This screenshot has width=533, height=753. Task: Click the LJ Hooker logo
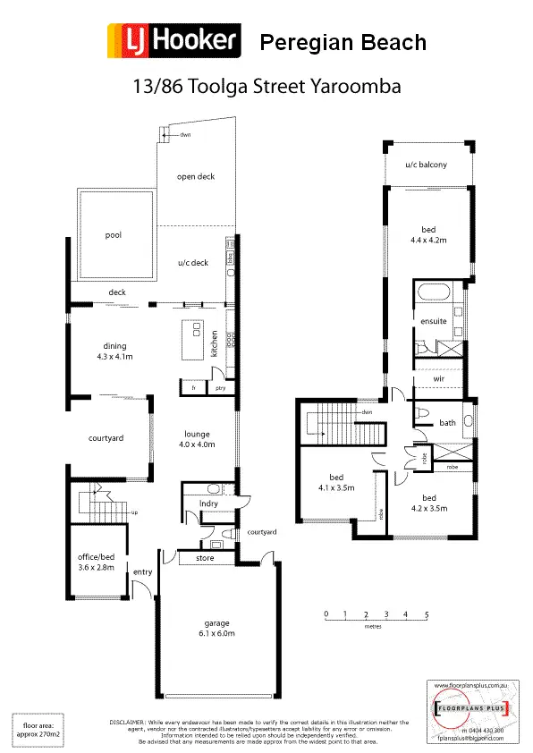point(173,41)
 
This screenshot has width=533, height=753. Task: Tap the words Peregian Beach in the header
point(342,42)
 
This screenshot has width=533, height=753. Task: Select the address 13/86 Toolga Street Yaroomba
point(266,88)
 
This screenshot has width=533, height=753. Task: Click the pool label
point(113,236)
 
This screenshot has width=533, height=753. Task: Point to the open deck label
point(196,177)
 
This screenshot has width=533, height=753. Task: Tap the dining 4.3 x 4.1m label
point(114,351)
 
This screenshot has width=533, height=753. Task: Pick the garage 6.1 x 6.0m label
point(216,628)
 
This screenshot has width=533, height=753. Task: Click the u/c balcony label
point(426,165)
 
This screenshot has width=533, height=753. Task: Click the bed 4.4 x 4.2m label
point(428,235)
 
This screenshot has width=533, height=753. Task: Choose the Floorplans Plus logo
point(470,710)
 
